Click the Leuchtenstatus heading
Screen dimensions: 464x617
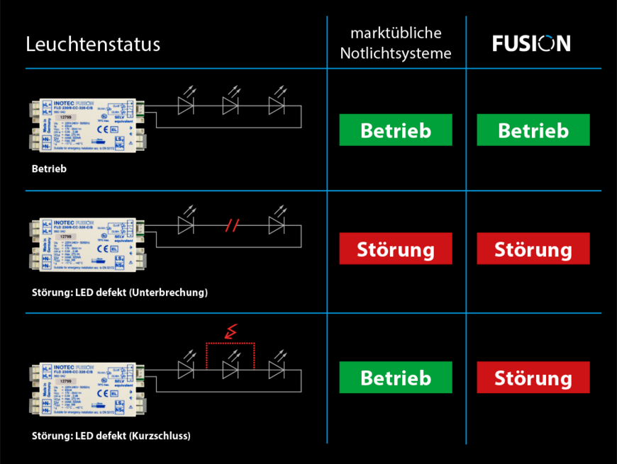click(93, 44)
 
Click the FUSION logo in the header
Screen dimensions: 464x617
click(531, 44)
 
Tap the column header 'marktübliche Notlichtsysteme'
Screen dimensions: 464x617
click(396, 44)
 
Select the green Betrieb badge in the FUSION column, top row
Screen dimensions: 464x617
click(533, 130)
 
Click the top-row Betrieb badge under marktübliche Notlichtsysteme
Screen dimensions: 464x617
click(395, 130)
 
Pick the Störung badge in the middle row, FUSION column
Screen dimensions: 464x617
click(533, 249)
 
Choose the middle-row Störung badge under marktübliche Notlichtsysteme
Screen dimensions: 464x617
click(395, 249)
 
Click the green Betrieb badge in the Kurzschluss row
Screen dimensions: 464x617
click(395, 378)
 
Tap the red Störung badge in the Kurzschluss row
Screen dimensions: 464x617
click(533, 378)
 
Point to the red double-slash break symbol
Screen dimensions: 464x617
click(232, 226)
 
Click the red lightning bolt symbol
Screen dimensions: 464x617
click(230, 330)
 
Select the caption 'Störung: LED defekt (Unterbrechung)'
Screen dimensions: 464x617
click(120, 292)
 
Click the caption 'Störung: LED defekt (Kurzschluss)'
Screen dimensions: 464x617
click(111, 436)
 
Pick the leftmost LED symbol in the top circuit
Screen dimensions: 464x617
click(186, 106)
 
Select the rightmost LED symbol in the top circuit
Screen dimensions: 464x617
click(277, 106)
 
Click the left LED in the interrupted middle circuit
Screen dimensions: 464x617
click(186, 225)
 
